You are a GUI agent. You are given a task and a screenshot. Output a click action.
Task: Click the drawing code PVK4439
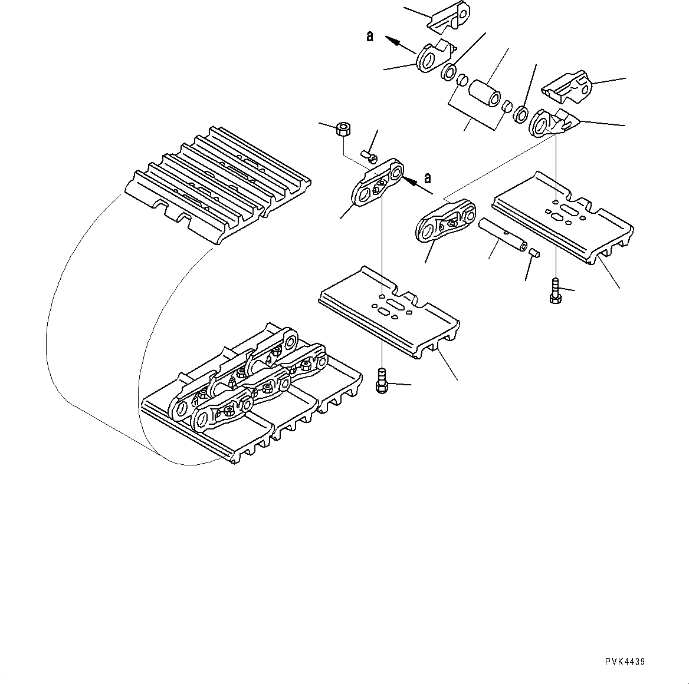624,662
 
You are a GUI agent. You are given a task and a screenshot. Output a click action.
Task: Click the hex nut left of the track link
342,128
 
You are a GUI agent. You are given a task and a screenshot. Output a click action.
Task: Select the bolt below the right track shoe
555,292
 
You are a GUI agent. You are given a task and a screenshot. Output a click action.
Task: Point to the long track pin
501,234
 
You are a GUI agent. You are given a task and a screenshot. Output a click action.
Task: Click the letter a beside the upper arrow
370,37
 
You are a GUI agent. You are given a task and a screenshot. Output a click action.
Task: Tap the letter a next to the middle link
428,177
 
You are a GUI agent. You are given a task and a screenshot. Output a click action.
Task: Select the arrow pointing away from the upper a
398,42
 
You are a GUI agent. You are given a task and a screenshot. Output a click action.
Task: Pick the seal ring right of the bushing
521,114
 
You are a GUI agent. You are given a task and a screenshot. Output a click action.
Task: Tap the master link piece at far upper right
567,85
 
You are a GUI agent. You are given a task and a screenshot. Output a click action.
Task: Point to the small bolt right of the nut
369,156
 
